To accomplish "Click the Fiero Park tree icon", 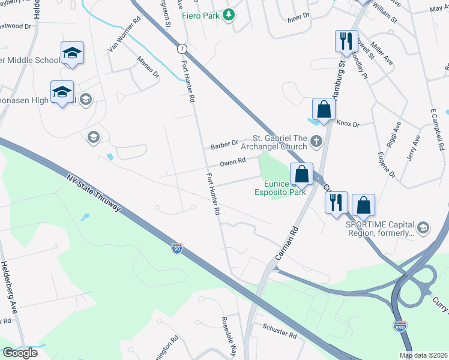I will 228,14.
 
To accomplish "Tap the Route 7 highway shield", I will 182,48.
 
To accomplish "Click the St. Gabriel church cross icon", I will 318,142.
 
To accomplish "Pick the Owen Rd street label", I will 232,161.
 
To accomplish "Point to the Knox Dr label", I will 348,124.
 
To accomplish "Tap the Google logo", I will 20,353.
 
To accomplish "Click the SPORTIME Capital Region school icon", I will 423,227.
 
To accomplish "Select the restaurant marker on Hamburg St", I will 345,42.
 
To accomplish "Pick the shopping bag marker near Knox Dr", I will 323,109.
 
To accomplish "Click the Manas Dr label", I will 148,67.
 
